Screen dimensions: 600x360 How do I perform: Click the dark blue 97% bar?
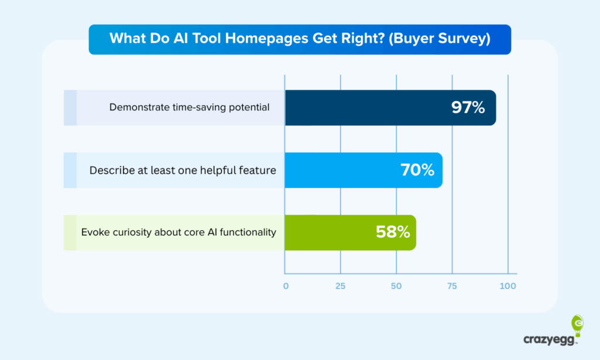(390, 108)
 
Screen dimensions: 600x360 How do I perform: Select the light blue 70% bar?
(363, 170)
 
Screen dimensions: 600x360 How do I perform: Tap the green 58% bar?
(350, 232)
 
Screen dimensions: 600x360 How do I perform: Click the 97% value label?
(468, 108)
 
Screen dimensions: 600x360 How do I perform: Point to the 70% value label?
(417, 170)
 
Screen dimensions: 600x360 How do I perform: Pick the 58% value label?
(393, 232)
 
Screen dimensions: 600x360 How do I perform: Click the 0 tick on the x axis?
(286, 286)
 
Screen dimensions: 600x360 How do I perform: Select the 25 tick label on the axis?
(340, 286)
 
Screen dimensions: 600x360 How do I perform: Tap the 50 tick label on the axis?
(396, 286)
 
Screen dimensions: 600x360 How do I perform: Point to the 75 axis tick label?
(452, 286)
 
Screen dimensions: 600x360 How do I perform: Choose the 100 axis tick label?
(508, 286)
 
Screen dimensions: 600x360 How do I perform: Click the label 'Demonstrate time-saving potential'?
(189, 107)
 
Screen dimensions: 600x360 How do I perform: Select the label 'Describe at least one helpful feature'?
(183, 170)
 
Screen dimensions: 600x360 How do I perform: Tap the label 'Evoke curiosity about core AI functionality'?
(179, 232)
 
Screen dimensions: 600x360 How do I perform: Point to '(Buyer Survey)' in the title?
(439, 38)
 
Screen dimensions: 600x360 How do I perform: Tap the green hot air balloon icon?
(577, 325)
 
